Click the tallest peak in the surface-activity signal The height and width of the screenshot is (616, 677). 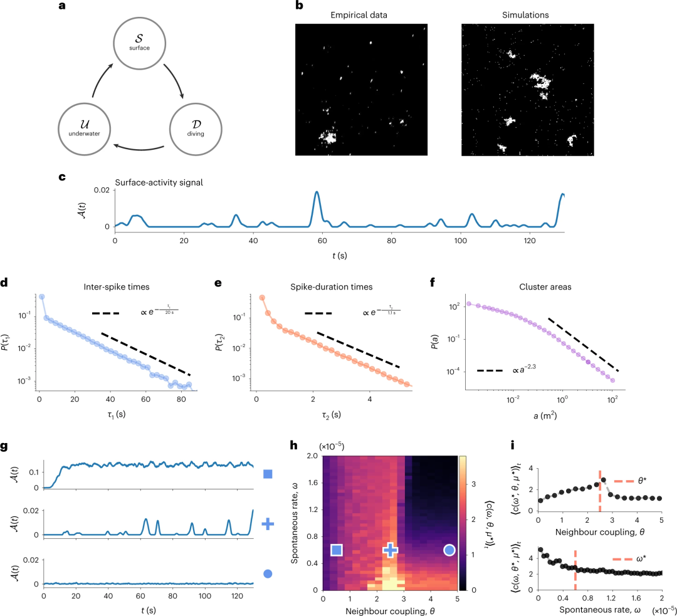point(317,192)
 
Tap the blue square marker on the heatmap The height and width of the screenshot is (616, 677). point(337,550)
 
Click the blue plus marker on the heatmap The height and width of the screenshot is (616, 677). point(391,550)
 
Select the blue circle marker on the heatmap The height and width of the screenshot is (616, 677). point(449,550)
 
